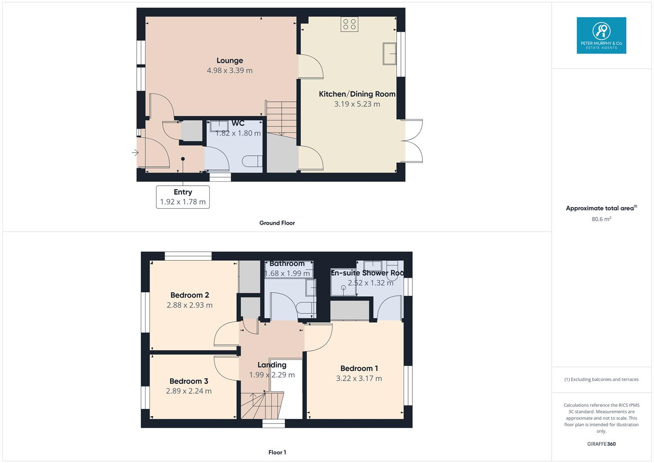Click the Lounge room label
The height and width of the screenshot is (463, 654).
(x=230, y=60)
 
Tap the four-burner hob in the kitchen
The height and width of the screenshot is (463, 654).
(x=349, y=24)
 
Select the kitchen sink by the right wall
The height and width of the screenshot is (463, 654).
(x=389, y=53)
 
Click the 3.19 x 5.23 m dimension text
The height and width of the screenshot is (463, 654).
(x=357, y=104)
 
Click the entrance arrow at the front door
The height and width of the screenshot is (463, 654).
(x=135, y=153)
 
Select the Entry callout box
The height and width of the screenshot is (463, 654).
(x=183, y=197)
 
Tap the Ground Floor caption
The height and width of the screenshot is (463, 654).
(x=277, y=223)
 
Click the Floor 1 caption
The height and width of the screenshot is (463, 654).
(x=277, y=452)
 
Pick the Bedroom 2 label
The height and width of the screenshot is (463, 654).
(x=189, y=295)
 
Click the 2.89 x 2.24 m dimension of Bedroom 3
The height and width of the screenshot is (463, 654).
(x=188, y=391)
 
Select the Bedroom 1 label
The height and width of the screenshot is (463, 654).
(x=359, y=368)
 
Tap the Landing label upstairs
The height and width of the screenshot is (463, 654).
(x=272, y=365)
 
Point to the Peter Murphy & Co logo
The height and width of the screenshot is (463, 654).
(x=601, y=36)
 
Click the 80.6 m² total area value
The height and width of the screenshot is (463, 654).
(x=601, y=219)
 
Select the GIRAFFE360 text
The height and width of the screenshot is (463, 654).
(x=601, y=444)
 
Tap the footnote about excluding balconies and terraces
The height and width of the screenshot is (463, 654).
(x=601, y=379)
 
